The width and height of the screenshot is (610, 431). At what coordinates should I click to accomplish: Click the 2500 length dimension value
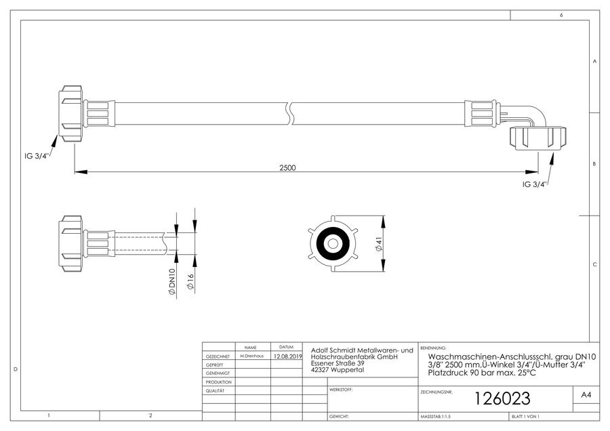[x=287, y=167]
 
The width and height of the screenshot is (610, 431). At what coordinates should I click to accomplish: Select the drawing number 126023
[x=502, y=398]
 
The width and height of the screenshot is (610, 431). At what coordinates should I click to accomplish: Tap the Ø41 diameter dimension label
[x=379, y=243]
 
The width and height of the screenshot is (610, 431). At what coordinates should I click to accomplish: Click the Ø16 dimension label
[x=190, y=282]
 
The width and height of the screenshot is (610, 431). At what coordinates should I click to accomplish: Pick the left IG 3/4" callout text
[x=36, y=157]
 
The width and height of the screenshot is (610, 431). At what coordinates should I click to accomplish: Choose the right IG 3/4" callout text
[x=535, y=184]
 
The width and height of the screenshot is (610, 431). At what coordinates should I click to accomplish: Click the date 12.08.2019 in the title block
[x=287, y=356]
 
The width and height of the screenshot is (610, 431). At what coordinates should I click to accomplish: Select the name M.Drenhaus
[x=251, y=356]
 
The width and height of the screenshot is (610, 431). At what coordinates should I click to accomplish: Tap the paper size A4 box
[x=586, y=395]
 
